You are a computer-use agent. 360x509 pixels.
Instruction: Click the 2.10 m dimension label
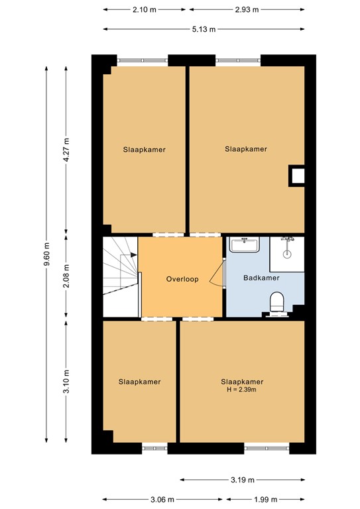tap(145, 9)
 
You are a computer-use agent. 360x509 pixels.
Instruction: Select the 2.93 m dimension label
tap(246, 9)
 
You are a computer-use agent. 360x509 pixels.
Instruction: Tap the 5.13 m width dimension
tap(204, 29)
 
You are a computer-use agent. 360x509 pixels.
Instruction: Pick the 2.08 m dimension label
tap(66, 275)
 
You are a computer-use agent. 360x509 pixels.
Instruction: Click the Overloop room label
tap(182, 279)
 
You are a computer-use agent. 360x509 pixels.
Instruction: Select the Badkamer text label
tap(261, 278)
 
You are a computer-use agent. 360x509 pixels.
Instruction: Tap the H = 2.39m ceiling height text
tap(242, 390)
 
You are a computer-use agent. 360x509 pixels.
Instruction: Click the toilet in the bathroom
tap(277, 304)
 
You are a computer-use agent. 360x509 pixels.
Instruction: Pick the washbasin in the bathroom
tap(245, 245)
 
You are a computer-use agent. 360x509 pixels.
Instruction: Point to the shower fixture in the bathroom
tap(288, 247)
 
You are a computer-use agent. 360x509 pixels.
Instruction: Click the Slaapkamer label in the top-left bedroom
tap(144, 150)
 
